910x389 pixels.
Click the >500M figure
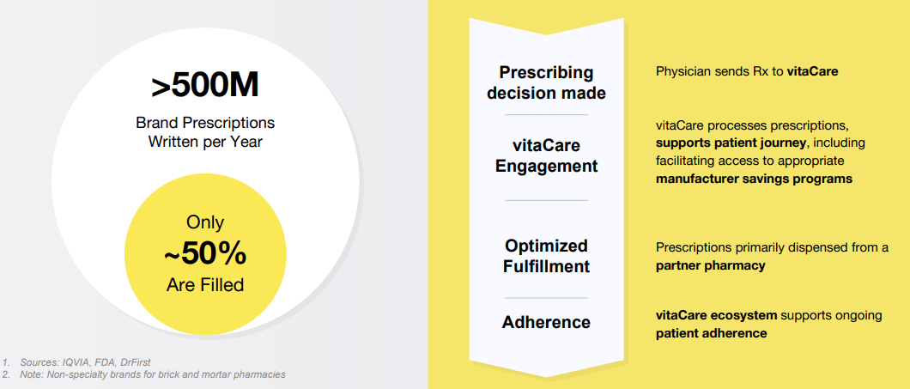(204, 87)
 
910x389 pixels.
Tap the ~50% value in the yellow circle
(204, 254)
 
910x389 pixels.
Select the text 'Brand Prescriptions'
(204, 123)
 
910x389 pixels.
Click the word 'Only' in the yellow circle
(204, 223)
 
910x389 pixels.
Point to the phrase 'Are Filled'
(204, 284)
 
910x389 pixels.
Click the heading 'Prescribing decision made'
(546, 82)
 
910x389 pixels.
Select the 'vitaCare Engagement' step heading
(546, 156)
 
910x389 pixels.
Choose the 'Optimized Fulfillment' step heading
(546, 256)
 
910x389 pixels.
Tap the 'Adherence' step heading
(546, 323)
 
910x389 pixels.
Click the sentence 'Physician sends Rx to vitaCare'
(746, 71)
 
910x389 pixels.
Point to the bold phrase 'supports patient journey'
(731, 142)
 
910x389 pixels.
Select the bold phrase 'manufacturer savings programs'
(754, 179)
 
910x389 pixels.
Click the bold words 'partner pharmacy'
(710, 266)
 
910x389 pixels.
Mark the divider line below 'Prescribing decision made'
(546, 114)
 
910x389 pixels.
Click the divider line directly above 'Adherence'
(546, 298)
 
